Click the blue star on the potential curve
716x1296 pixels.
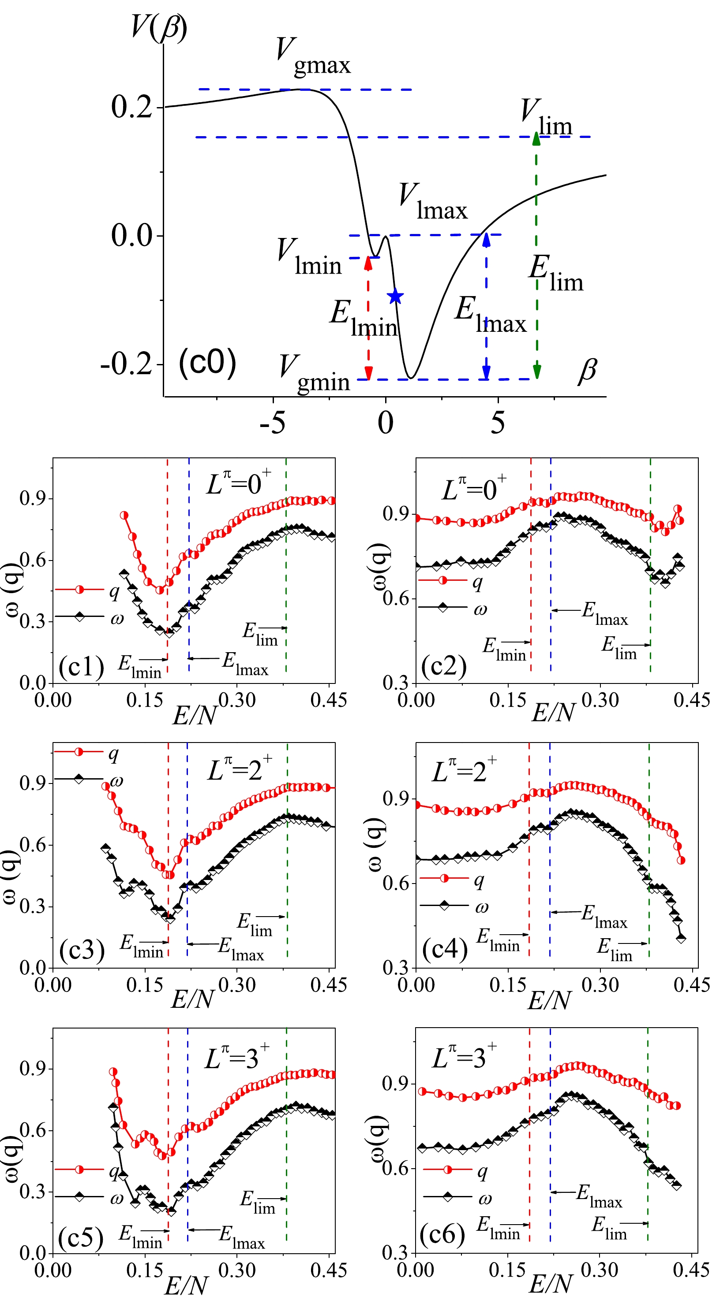pos(395,296)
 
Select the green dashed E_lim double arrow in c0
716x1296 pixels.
pos(537,256)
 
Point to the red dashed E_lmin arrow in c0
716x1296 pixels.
pos(368,318)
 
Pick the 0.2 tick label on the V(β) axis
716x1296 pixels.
pos(131,107)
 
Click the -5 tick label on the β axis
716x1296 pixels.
pos(272,423)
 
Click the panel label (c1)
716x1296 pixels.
pos(81,667)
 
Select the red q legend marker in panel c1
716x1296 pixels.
pos(79,590)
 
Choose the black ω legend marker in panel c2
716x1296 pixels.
pos(443,608)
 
